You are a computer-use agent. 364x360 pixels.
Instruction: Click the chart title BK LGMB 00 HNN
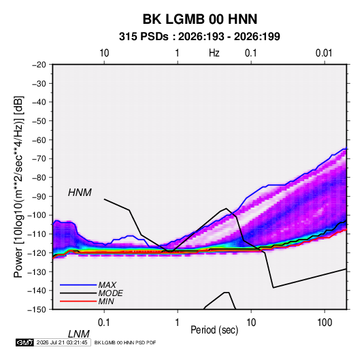tap(200, 19)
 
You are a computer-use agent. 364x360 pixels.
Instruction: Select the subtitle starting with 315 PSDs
tap(199, 37)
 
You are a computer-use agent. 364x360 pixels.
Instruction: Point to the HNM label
tap(80, 193)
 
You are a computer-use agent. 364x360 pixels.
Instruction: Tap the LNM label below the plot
tap(78, 334)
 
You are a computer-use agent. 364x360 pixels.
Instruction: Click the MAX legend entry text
tap(107, 285)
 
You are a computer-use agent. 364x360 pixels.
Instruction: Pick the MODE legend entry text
tap(110, 293)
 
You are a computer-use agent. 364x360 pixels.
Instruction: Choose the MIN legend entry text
tap(106, 301)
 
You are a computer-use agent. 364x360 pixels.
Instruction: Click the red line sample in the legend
tap(78, 301)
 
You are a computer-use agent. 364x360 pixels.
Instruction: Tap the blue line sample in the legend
tap(78, 284)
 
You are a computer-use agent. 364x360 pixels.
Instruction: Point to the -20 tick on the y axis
tap(39, 65)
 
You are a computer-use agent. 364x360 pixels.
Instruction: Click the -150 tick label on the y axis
tap(37, 310)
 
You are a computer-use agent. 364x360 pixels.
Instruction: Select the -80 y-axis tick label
tap(39, 178)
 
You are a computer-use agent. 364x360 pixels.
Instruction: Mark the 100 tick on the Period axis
tap(325, 323)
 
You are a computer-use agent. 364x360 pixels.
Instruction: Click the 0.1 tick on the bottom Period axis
tap(104, 323)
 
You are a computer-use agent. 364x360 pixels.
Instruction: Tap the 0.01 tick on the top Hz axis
tap(324, 53)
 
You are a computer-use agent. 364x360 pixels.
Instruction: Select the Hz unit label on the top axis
tap(214, 53)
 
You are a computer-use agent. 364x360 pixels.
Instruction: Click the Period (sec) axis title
tap(214, 330)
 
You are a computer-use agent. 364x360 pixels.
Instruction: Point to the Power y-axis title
tap(18, 186)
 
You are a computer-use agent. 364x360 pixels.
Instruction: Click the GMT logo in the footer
tap(25, 342)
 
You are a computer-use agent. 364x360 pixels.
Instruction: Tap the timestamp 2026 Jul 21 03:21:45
tap(62, 342)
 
